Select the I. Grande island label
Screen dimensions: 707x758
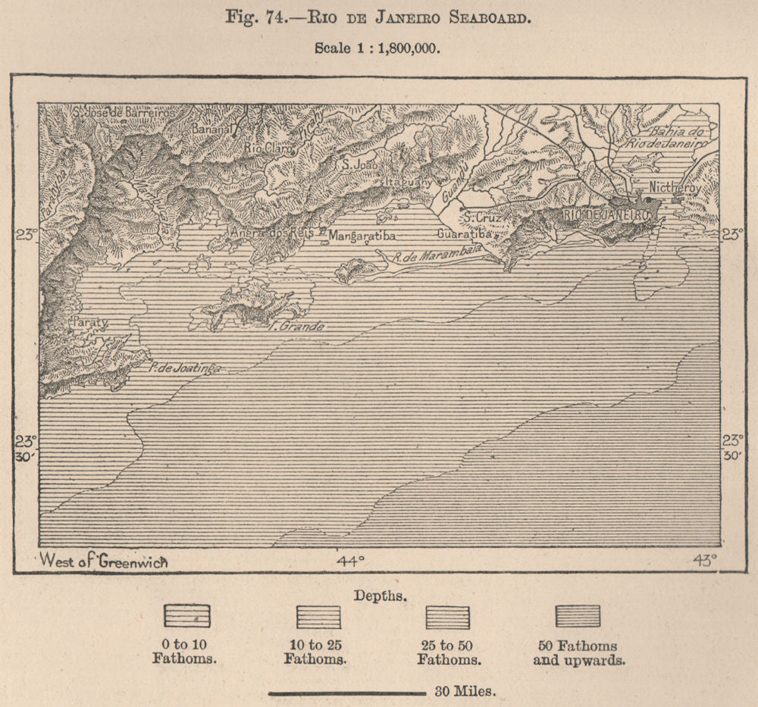[x=297, y=327]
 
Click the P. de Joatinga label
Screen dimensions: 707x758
[x=185, y=368]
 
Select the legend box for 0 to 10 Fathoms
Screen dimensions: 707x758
[x=186, y=616]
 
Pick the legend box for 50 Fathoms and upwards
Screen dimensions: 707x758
[x=578, y=616]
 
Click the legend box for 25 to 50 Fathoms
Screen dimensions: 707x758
[x=448, y=616]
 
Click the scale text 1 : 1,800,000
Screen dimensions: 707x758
[x=377, y=46]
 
